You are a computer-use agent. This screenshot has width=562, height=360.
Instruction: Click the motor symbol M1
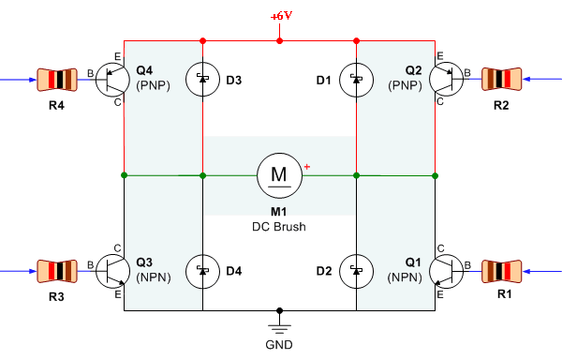click(279, 175)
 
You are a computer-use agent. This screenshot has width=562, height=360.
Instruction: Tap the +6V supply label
click(282, 16)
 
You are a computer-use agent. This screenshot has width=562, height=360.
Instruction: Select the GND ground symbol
click(279, 328)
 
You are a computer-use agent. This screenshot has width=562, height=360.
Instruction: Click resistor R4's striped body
click(57, 80)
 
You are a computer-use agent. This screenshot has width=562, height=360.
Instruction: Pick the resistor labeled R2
click(501, 79)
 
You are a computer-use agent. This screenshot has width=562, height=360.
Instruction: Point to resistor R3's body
click(57, 271)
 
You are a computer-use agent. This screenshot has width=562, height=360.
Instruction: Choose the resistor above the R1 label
click(501, 272)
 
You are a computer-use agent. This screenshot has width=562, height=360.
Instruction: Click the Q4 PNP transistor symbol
click(112, 80)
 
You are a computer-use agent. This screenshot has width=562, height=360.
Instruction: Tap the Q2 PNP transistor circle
click(446, 80)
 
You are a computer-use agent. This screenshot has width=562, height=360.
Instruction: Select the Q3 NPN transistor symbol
click(112, 272)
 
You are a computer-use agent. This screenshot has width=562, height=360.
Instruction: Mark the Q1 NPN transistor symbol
click(446, 272)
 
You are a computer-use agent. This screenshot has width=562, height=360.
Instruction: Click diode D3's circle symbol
click(203, 80)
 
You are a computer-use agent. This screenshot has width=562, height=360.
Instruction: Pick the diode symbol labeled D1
click(356, 80)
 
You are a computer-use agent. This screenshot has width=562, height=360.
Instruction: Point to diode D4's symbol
click(203, 272)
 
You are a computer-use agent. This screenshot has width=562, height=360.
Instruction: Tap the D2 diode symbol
click(356, 272)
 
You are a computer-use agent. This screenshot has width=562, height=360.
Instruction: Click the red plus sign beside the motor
click(307, 167)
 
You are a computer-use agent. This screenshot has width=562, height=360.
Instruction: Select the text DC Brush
click(279, 227)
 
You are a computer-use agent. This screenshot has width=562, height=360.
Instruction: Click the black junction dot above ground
click(279, 310)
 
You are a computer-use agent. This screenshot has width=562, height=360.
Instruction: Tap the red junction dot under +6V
click(279, 41)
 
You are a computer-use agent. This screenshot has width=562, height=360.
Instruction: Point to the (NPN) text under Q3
click(154, 277)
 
